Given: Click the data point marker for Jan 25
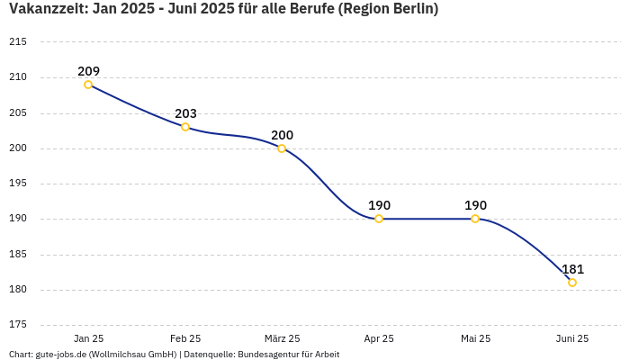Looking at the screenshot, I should point(88,85).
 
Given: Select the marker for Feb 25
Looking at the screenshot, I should point(185,127).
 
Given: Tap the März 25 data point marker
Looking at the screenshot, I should point(282,148).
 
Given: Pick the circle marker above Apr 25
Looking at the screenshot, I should point(379,219).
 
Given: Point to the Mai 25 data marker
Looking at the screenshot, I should point(475,219).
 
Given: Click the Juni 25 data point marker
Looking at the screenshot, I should point(572,283).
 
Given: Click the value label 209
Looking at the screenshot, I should point(88,71).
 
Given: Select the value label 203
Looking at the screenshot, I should point(185,113).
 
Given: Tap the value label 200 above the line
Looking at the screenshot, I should point(282,135).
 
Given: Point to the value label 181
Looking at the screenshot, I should point(572,269).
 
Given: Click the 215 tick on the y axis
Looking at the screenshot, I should point(18,42).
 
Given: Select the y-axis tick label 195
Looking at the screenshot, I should point(18,184).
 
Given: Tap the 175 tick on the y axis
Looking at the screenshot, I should point(18,325).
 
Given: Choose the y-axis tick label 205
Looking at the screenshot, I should point(18,113).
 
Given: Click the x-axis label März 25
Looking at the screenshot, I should point(282,338).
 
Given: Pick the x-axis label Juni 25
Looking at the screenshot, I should point(572,338).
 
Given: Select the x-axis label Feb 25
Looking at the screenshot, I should point(185,338).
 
